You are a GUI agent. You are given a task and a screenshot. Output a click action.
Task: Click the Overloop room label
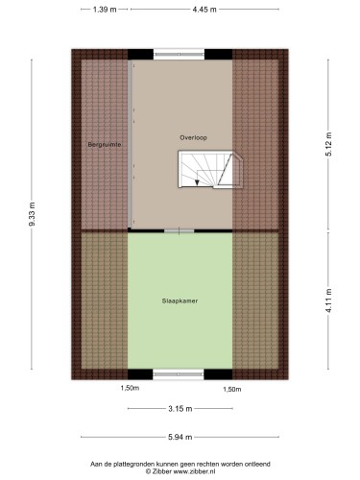[193, 138]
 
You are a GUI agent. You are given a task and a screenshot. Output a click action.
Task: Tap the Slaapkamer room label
[180, 300]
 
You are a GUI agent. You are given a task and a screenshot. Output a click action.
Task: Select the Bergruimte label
[105, 145]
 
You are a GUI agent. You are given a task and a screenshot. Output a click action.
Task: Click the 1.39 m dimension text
[105, 10]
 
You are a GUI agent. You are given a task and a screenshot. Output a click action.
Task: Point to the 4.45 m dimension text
[204, 10]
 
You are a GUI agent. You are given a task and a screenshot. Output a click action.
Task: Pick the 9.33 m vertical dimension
[32, 214]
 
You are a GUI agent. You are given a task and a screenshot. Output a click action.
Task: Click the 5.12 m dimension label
[328, 144]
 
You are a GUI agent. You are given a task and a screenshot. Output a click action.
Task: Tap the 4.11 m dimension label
[328, 300]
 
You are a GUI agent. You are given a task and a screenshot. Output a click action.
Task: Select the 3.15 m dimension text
[180, 409]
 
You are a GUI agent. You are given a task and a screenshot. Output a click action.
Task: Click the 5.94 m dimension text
[180, 437]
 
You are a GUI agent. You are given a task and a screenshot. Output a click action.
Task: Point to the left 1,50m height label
[130, 388]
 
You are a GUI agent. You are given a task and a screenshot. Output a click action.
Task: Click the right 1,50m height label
[232, 389]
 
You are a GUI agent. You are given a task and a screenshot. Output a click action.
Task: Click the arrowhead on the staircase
[197, 182]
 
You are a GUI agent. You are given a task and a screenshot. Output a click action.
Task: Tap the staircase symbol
[210, 170]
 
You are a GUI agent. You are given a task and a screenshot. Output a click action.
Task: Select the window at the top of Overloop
[179, 54]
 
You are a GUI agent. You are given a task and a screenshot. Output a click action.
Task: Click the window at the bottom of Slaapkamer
[179, 374]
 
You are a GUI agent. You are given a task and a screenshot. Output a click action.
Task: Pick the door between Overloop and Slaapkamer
[180, 230]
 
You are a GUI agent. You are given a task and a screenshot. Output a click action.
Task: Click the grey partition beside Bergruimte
[130, 144]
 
